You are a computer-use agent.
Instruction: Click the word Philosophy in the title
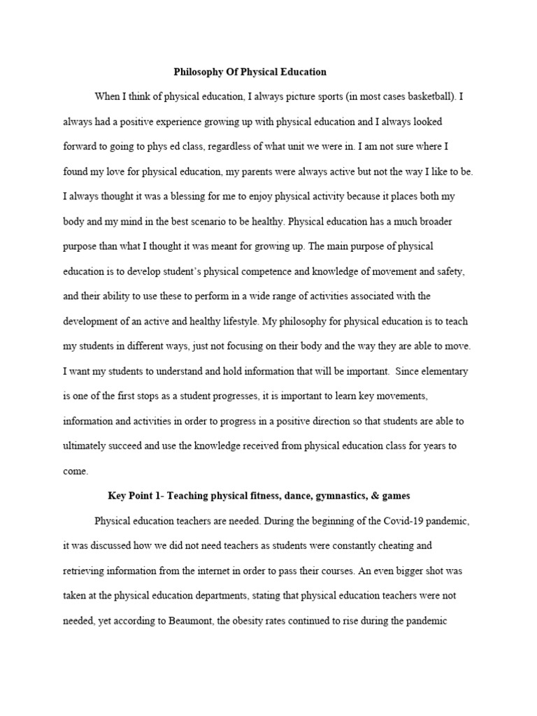198,72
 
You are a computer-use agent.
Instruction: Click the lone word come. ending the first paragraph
76,471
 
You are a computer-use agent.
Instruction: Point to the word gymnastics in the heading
329,496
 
